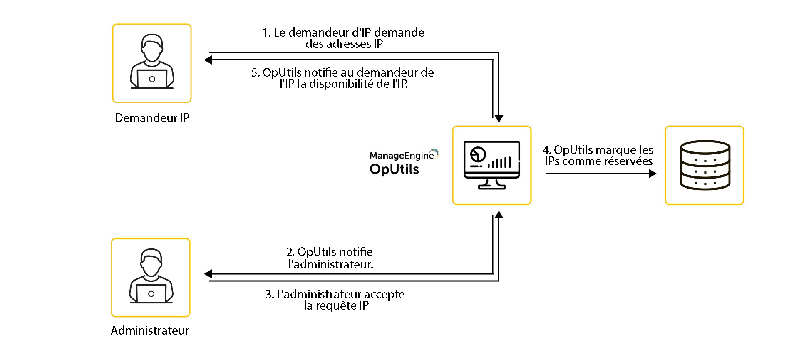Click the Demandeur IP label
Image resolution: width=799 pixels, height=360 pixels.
[152, 118]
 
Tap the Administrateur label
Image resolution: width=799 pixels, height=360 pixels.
[150, 331]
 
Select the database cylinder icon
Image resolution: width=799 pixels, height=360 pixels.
[705, 165]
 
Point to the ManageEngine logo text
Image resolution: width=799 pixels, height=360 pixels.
[402, 155]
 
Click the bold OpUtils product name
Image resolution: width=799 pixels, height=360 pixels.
[394, 169]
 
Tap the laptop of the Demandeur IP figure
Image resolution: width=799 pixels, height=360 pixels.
[152, 79]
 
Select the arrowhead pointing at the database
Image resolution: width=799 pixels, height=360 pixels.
[653, 173]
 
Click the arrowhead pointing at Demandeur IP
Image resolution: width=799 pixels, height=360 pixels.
[208, 60]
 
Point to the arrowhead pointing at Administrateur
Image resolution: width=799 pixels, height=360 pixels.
[208, 274]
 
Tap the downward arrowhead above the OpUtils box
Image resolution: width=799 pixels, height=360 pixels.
[499, 119]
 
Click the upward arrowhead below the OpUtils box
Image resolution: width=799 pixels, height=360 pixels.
[499, 215]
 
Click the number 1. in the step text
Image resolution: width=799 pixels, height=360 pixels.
[267, 33]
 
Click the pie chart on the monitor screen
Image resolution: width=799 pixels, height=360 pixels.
[477, 155]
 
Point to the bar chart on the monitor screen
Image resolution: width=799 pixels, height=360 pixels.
[499, 162]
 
